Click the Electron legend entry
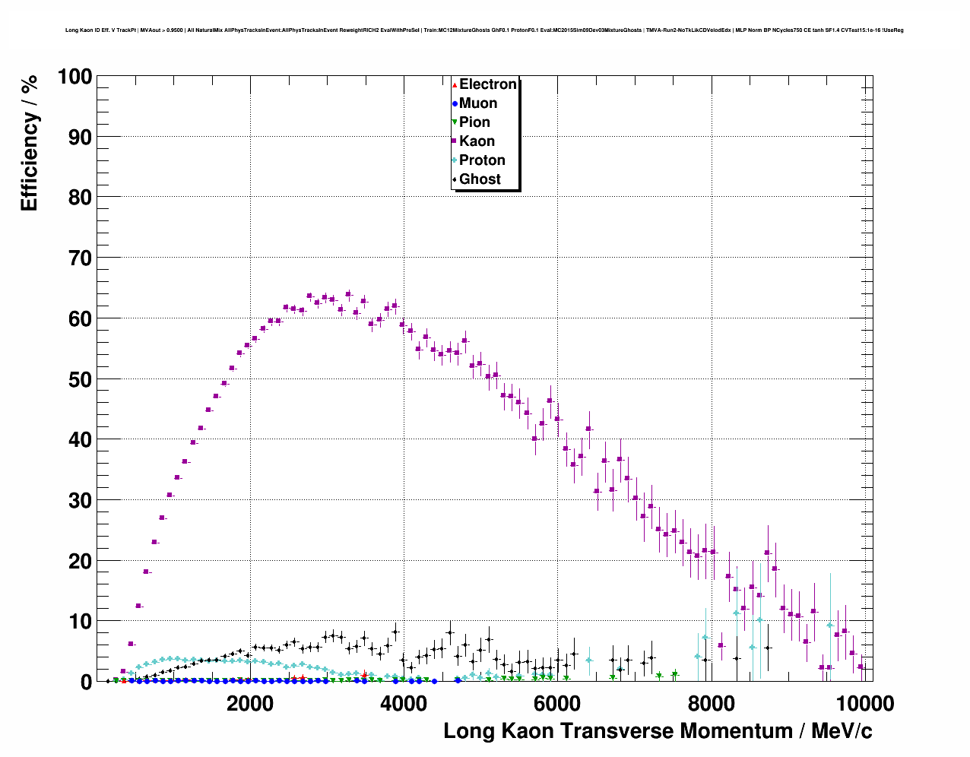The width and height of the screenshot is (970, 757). (x=487, y=84)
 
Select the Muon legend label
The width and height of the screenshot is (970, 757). (x=477, y=103)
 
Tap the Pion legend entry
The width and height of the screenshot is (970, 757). (x=474, y=122)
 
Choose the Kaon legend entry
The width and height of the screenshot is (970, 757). (x=477, y=141)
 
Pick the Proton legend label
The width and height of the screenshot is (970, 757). (x=482, y=160)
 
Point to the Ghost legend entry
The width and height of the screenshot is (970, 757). (x=480, y=179)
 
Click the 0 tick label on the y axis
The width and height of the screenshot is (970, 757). (x=86, y=682)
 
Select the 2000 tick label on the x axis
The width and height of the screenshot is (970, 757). (x=250, y=704)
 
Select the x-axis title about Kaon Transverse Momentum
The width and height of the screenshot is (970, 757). (x=658, y=731)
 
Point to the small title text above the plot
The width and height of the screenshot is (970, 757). (x=484, y=30)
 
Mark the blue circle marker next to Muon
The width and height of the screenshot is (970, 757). (x=455, y=103)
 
